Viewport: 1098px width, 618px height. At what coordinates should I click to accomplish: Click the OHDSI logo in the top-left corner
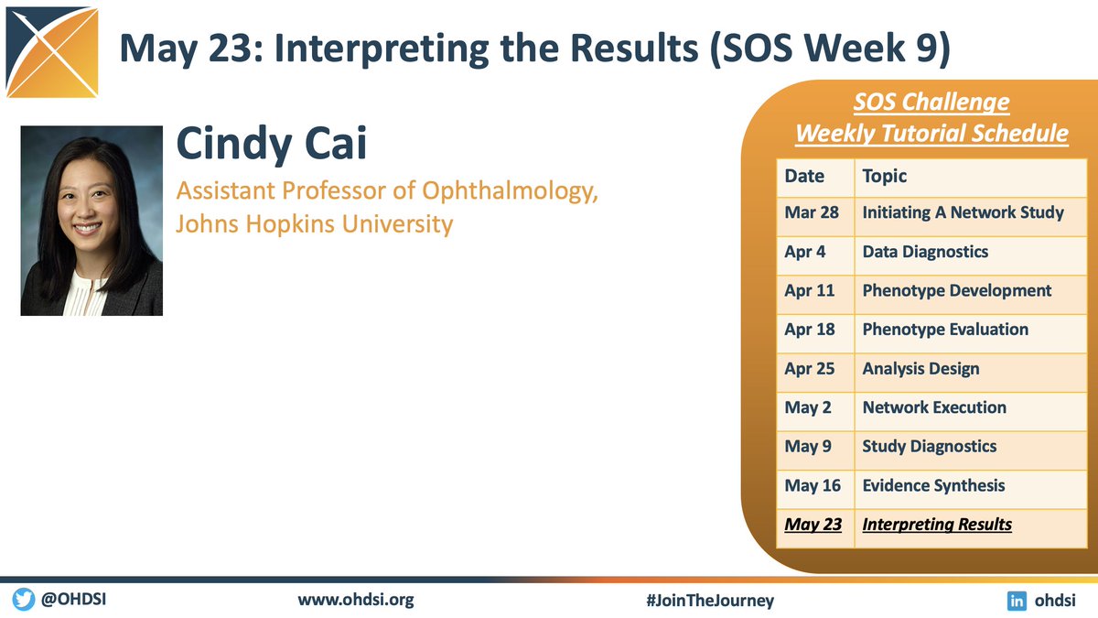[53, 52]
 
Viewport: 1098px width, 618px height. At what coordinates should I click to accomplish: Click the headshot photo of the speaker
[91, 221]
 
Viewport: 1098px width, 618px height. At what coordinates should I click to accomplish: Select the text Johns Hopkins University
[314, 222]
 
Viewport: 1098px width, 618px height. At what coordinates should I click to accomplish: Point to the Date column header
[804, 176]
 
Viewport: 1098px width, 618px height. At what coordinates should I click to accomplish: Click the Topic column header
[885, 176]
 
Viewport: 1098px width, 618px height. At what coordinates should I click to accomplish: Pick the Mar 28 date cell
[811, 212]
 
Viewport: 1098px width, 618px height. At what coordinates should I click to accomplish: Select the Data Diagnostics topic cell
[925, 251]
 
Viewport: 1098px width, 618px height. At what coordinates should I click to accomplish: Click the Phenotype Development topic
[956, 290]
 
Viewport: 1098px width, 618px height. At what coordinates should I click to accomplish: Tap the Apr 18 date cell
[810, 330]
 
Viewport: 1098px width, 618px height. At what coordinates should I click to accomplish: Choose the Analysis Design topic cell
[920, 369]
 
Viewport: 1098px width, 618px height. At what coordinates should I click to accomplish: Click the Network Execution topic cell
[934, 407]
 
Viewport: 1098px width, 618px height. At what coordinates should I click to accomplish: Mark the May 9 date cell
[808, 447]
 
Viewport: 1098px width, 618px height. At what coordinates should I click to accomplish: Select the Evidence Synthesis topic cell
[933, 485]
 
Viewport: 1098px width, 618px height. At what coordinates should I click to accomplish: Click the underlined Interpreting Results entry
[937, 525]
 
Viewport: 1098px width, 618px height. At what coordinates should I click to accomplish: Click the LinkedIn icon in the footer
[1016, 601]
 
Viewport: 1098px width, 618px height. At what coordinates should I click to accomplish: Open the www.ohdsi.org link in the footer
[356, 601]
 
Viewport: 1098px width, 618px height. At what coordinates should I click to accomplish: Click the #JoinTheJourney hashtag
[709, 601]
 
